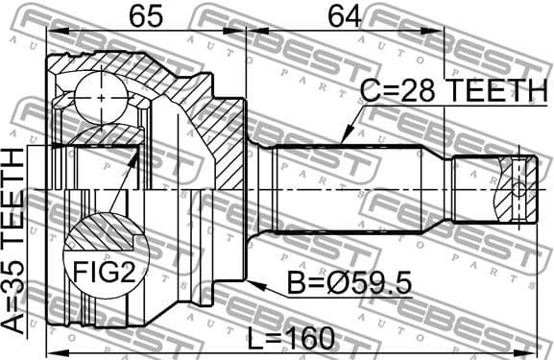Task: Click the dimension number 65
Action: coord(143,16)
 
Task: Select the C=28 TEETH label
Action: coord(452,92)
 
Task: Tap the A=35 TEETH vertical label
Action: coord(17,241)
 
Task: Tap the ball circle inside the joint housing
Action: coord(102,94)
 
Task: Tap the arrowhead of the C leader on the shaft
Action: coord(343,143)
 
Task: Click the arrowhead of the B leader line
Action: coord(252,281)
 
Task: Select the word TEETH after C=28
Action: coord(495,92)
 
